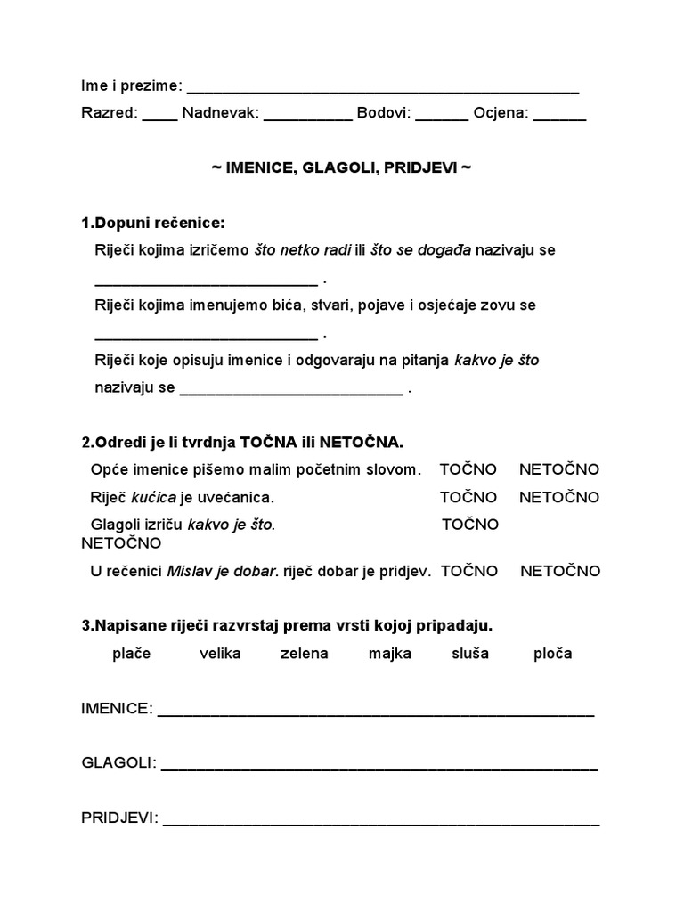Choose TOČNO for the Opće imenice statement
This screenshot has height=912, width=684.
[468, 469]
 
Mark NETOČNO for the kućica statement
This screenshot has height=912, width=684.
[559, 497]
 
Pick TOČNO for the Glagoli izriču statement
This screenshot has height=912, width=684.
[470, 525]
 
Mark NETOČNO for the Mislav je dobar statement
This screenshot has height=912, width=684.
[560, 571]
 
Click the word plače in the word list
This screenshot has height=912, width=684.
[132, 654]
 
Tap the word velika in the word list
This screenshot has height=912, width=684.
[220, 654]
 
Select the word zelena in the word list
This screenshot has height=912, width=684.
[304, 654]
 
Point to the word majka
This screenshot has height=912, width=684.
[390, 654]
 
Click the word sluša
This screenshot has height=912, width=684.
[470, 654]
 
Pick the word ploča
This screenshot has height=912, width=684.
[552, 654]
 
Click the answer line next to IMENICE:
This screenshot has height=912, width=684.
[375, 713]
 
